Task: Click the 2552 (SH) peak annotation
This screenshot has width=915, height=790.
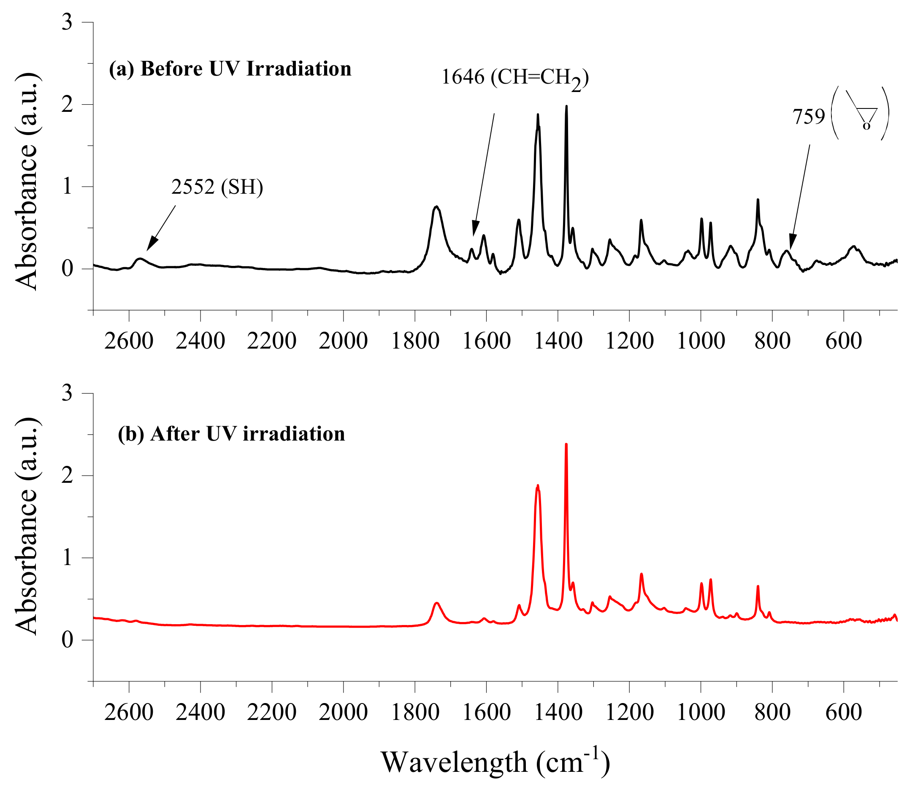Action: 217,187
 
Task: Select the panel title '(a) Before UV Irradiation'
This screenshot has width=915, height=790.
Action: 230,69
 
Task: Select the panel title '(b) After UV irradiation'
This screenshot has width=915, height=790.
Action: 231,434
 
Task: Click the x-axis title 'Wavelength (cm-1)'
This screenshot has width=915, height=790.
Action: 495,762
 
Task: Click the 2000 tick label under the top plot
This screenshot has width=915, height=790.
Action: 343,341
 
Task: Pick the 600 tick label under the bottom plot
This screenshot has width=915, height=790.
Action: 843,712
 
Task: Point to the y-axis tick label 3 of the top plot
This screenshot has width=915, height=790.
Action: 67,22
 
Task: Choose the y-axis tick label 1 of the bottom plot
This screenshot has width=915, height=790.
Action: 67,558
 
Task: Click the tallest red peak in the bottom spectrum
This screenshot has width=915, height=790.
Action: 566,445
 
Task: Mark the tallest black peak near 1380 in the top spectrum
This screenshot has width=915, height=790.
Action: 566,107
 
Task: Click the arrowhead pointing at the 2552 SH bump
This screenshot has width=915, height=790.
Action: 151,244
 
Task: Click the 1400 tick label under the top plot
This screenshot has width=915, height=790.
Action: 558,341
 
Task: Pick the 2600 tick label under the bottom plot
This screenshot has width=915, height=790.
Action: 128,712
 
